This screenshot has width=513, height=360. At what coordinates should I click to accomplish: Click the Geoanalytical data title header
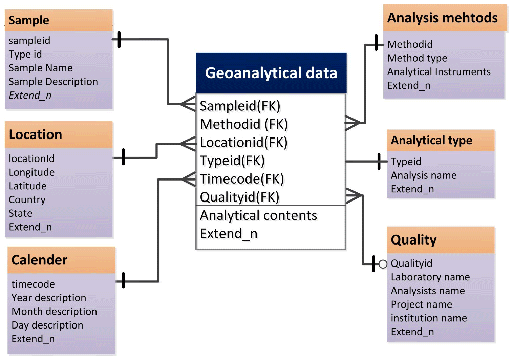[x=271, y=73]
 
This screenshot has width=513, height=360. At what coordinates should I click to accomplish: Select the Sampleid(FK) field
[x=240, y=106]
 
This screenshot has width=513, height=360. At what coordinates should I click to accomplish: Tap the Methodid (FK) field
[x=244, y=124]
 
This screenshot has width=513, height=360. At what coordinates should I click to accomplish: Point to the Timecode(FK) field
[x=242, y=179]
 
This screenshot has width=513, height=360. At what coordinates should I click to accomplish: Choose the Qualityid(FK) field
[x=239, y=197]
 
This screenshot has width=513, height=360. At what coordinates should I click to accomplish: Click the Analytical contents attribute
[x=258, y=215]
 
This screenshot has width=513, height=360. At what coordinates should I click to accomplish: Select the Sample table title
[x=29, y=20]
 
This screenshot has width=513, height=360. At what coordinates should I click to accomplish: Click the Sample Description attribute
[x=53, y=82]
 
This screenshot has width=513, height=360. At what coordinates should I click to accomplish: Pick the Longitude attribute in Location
[x=31, y=172]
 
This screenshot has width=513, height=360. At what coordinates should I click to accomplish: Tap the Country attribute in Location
[x=27, y=200]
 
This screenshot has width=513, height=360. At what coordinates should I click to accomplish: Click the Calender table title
[x=39, y=260]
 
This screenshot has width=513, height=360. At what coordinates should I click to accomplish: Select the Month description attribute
[x=54, y=312]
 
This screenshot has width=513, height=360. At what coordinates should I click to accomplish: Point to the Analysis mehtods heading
[x=442, y=18]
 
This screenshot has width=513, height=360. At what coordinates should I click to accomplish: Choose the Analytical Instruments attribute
[x=439, y=72]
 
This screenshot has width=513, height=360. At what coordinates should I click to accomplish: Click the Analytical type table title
[x=431, y=140]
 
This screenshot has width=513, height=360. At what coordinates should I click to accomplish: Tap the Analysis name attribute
[x=424, y=175]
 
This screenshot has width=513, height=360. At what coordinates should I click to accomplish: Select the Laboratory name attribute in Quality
[x=430, y=277]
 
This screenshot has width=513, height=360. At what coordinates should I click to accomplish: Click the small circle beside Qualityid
[x=383, y=264]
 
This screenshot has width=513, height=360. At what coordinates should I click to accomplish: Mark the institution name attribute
[x=429, y=318]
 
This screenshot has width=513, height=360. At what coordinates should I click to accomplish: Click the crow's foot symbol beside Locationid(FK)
[x=188, y=144]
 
